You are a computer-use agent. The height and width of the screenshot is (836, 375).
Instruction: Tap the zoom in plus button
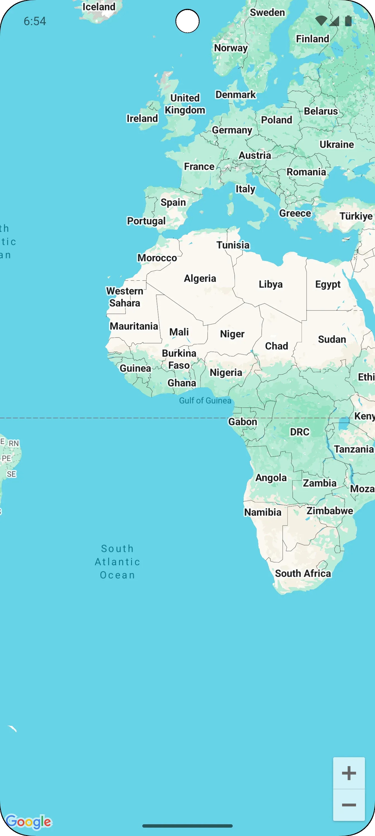[x=349, y=773]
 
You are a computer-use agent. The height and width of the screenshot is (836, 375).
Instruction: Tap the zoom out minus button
[x=349, y=805]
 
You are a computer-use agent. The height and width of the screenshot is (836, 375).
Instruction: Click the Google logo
[x=29, y=822]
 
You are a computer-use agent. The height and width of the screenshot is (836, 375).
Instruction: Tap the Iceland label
[x=99, y=7]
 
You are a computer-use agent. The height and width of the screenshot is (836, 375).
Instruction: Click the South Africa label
[x=303, y=573]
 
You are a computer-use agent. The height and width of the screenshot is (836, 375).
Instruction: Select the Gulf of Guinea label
[x=205, y=400]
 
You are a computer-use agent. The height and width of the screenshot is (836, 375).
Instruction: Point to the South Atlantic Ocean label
[x=117, y=562]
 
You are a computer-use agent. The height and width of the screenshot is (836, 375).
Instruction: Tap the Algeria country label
[x=200, y=279]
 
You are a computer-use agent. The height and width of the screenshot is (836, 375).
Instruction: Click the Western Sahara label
[x=125, y=297]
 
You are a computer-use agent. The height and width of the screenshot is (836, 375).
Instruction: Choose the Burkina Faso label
[x=179, y=359]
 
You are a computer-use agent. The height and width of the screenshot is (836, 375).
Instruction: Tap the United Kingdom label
[x=185, y=104]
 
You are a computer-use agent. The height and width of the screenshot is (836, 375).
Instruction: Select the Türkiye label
[x=356, y=216]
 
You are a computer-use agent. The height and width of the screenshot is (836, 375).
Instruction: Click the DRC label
[x=299, y=432]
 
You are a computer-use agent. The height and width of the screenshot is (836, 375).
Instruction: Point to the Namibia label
[x=263, y=512]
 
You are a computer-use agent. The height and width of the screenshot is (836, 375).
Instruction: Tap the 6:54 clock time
[x=35, y=22]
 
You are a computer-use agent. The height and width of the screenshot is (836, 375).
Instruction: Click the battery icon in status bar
[x=348, y=21]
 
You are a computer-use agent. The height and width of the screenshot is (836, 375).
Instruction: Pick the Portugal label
[x=146, y=221]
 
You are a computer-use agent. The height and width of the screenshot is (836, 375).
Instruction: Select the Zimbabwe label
[x=330, y=511]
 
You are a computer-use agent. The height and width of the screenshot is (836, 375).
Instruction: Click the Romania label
[x=306, y=172]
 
